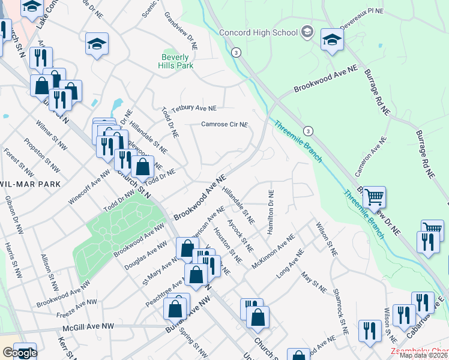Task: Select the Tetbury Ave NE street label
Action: coord(193,109)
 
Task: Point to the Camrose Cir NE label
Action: coord(224,124)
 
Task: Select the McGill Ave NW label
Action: coord(88,327)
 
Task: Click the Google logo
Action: coord(19,353)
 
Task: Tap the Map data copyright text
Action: coord(424,355)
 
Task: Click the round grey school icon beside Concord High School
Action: coord(307,32)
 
